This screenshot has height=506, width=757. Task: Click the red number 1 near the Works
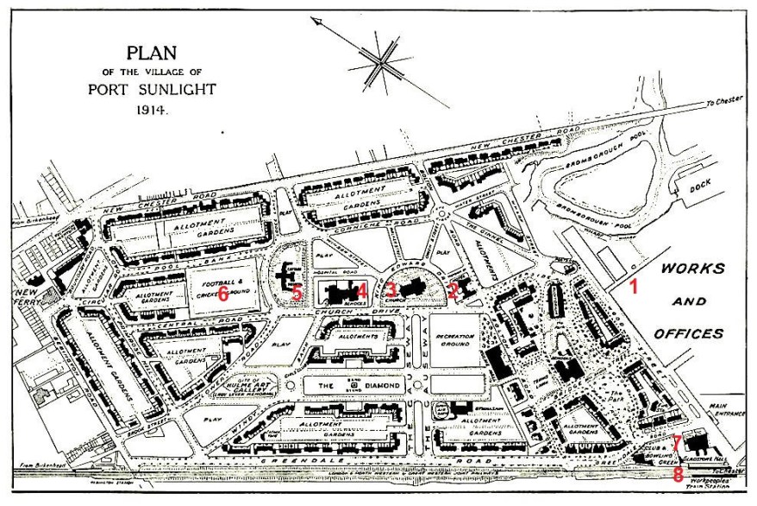(634, 287)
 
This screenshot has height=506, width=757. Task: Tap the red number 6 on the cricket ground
(222, 294)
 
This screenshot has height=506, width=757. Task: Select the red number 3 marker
(391, 290)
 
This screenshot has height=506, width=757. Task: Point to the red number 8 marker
(678, 474)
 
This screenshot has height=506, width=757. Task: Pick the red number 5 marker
(297, 294)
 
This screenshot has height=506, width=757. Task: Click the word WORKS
(692, 269)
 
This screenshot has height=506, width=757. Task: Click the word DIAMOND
(385, 385)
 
